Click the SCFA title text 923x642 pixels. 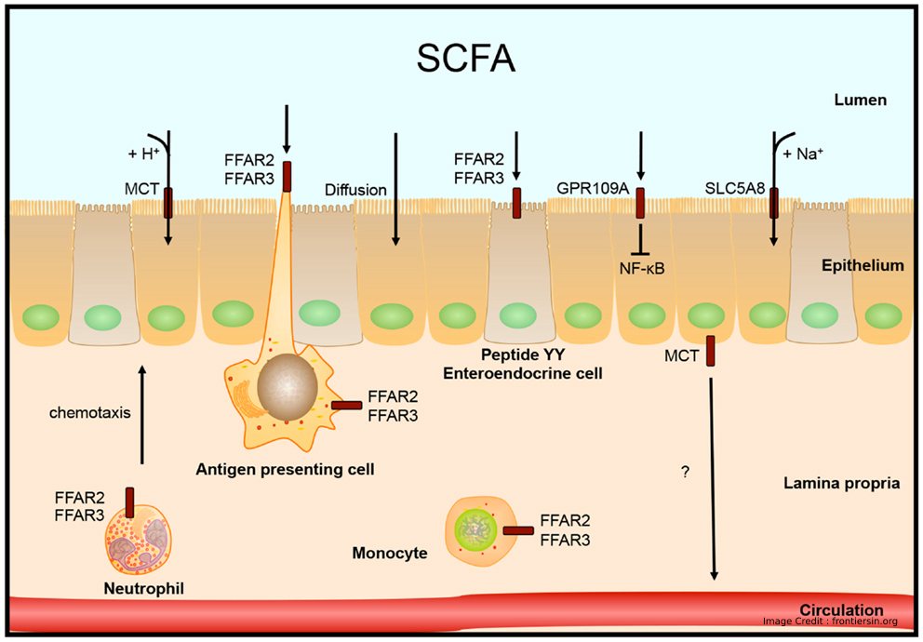pos(465,59)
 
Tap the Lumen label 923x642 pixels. pos(860,100)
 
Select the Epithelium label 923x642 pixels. pos(863,265)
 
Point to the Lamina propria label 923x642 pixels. pos(841,484)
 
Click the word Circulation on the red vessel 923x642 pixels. pos(842,610)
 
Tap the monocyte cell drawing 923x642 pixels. pos(475,531)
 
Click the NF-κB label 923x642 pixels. pos(642,269)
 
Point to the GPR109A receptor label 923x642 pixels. pos(593,190)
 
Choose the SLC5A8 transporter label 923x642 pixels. pos(735,190)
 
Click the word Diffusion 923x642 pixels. pos(355,190)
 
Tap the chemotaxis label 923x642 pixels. pos(90,412)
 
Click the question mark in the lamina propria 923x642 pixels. pos(685,472)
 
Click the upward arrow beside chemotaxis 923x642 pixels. pos(141,415)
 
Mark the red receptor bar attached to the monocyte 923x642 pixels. pos(518,530)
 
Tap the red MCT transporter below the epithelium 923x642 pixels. pos(711,351)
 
